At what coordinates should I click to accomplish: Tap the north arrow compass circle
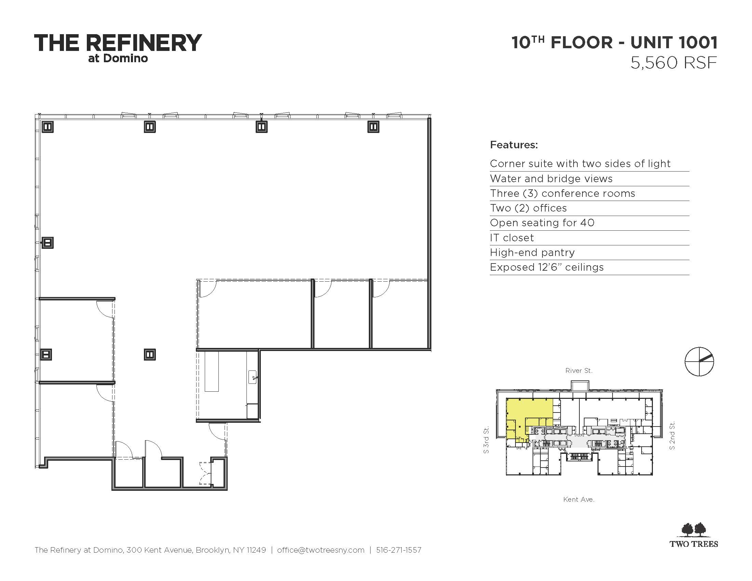pos(699,361)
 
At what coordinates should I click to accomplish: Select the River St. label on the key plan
pos(579,371)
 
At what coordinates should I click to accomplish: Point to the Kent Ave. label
pos(579,499)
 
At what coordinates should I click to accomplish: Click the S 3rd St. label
pos(486,440)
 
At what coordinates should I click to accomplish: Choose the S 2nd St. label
pos(672,435)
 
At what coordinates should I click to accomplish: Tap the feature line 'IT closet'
pos(512,238)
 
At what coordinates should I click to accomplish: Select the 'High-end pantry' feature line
pos(532,253)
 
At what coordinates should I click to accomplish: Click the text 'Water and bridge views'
pos(551,179)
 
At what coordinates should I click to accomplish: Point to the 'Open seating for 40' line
pos(542,223)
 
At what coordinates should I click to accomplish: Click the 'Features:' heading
pos(514,145)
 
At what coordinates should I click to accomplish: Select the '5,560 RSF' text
pos(674,63)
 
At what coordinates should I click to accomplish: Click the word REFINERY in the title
pos(144,43)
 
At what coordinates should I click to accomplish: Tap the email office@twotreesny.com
pos(321,550)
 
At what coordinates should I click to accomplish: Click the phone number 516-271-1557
pos(399,550)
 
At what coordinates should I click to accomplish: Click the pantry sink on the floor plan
pos(253,377)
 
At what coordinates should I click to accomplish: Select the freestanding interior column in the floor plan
pos(150,354)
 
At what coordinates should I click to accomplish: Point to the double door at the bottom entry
pos(205,473)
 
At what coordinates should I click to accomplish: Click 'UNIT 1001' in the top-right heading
pos(674,43)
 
